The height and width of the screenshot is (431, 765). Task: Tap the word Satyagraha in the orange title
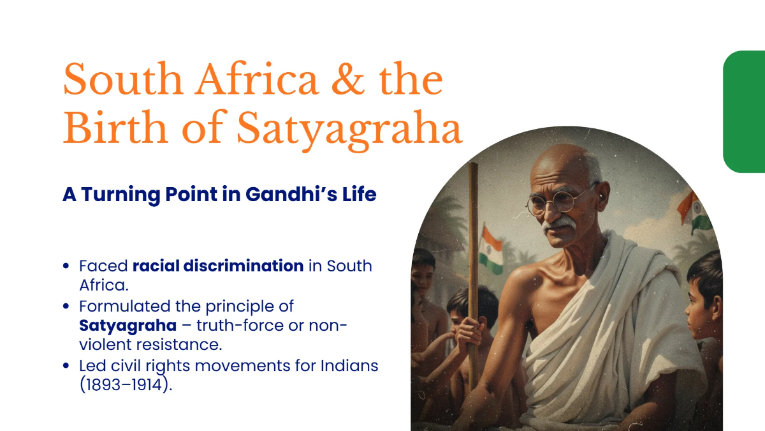(x=349, y=130)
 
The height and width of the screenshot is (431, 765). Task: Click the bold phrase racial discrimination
(x=218, y=266)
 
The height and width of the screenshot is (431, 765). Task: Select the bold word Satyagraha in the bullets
(x=127, y=325)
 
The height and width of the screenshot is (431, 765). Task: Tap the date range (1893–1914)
(x=126, y=385)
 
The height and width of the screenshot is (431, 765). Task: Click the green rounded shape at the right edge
(x=745, y=112)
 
